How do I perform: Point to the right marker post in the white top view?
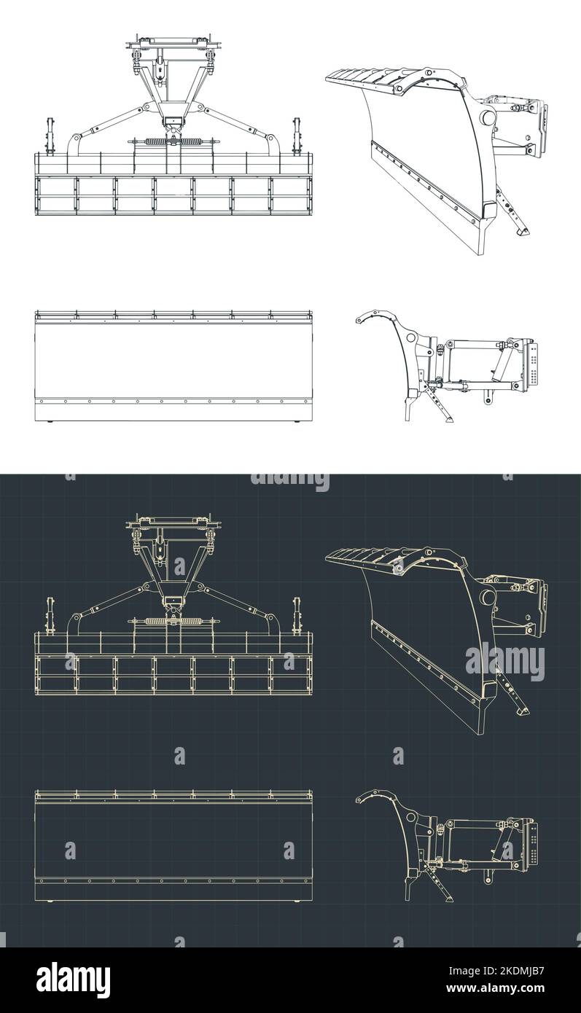[x=297, y=136]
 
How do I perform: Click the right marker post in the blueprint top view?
[x=297, y=614]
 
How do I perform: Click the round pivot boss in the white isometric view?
[x=486, y=118]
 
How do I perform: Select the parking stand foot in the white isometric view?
[x=520, y=231]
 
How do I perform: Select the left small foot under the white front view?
[x=50, y=423]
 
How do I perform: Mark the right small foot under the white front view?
[x=297, y=423]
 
